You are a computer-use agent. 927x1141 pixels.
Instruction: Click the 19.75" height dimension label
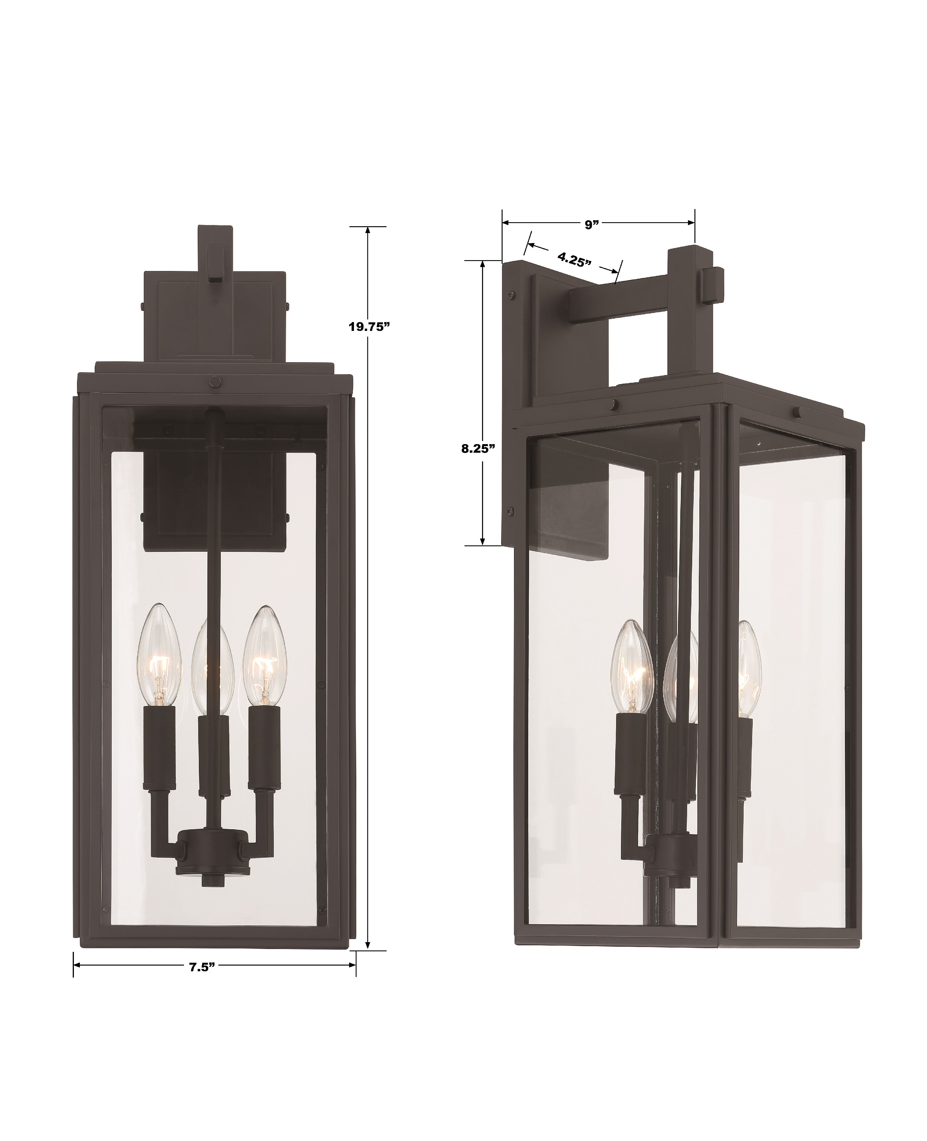pyautogui.click(x=367, y=327)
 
